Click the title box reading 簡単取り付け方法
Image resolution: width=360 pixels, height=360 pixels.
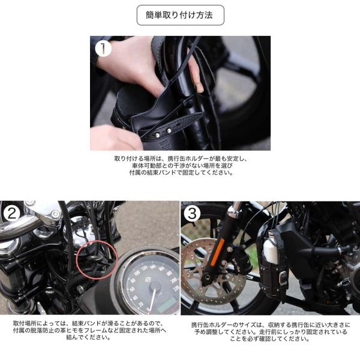[180, 15]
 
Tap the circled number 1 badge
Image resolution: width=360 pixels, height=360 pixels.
[103, 48]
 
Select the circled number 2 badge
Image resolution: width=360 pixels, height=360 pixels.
[12, 213]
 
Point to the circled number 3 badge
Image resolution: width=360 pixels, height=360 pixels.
[192, 214]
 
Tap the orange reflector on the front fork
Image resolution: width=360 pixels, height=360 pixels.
[216, 252]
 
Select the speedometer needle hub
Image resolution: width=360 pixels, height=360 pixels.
[154, 287]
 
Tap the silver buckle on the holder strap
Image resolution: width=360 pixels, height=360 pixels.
[283, 277]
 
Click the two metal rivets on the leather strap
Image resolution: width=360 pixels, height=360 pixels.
[163, 133]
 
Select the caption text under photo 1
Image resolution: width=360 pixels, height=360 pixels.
[181, 166]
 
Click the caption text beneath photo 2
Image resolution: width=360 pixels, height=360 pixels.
[89, 330]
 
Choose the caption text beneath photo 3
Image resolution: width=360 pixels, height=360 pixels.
[271, 332]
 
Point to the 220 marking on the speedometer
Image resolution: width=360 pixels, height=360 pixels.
[176, 288]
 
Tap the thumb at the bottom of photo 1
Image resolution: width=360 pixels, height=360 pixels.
[115, 138]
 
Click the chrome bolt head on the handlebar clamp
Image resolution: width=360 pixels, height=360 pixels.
[55, 214]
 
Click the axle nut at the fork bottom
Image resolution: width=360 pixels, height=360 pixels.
[206, 278]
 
